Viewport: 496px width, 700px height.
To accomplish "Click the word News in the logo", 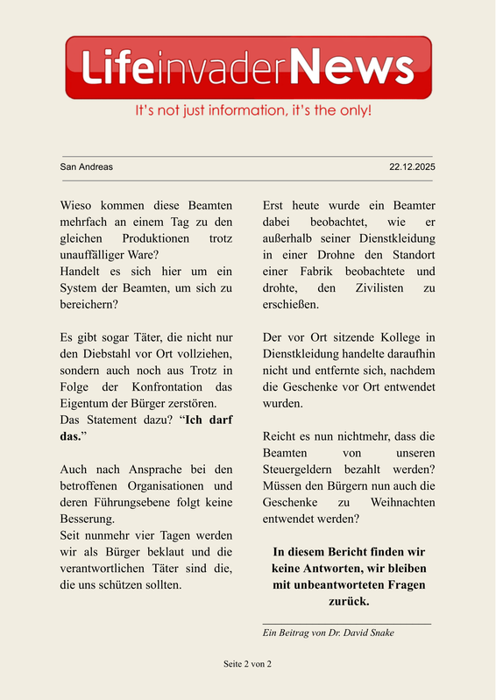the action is point(351,67).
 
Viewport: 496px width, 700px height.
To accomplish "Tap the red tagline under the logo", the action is point(253,111).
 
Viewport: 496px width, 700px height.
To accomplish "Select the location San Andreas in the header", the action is point(86,166).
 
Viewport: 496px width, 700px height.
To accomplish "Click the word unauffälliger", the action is point(96,255).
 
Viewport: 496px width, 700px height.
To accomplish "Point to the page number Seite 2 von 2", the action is point(248,665).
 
